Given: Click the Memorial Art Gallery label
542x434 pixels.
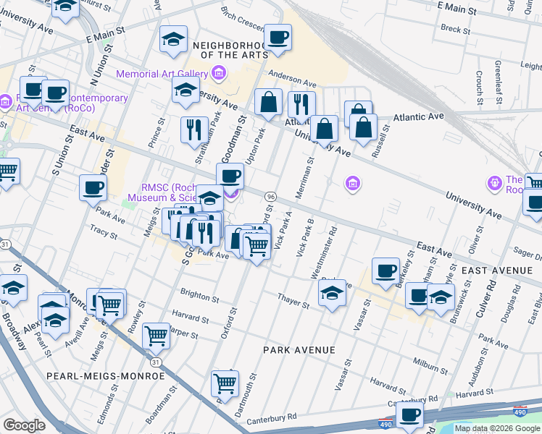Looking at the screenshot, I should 161,74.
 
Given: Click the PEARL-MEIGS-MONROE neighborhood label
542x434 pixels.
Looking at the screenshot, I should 105,376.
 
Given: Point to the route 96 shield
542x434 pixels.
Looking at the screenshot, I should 270,197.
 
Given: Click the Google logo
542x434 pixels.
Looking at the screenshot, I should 24,425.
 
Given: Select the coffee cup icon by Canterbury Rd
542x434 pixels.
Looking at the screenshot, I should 410,415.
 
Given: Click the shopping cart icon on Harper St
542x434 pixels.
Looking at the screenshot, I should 157,335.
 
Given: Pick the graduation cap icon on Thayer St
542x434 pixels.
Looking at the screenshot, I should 332,293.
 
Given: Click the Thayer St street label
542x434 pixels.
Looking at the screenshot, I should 293,302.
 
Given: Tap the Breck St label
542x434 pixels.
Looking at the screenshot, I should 456,30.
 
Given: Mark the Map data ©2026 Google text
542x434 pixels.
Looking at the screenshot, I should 497,428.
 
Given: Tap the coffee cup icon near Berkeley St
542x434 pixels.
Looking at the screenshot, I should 386,270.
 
